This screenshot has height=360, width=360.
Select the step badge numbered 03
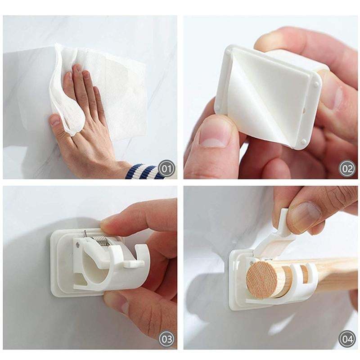point(166,338)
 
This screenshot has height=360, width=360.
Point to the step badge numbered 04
point(347,338)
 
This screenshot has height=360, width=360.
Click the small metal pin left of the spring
point(85,234)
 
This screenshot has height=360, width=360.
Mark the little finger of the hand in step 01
point(56,121)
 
